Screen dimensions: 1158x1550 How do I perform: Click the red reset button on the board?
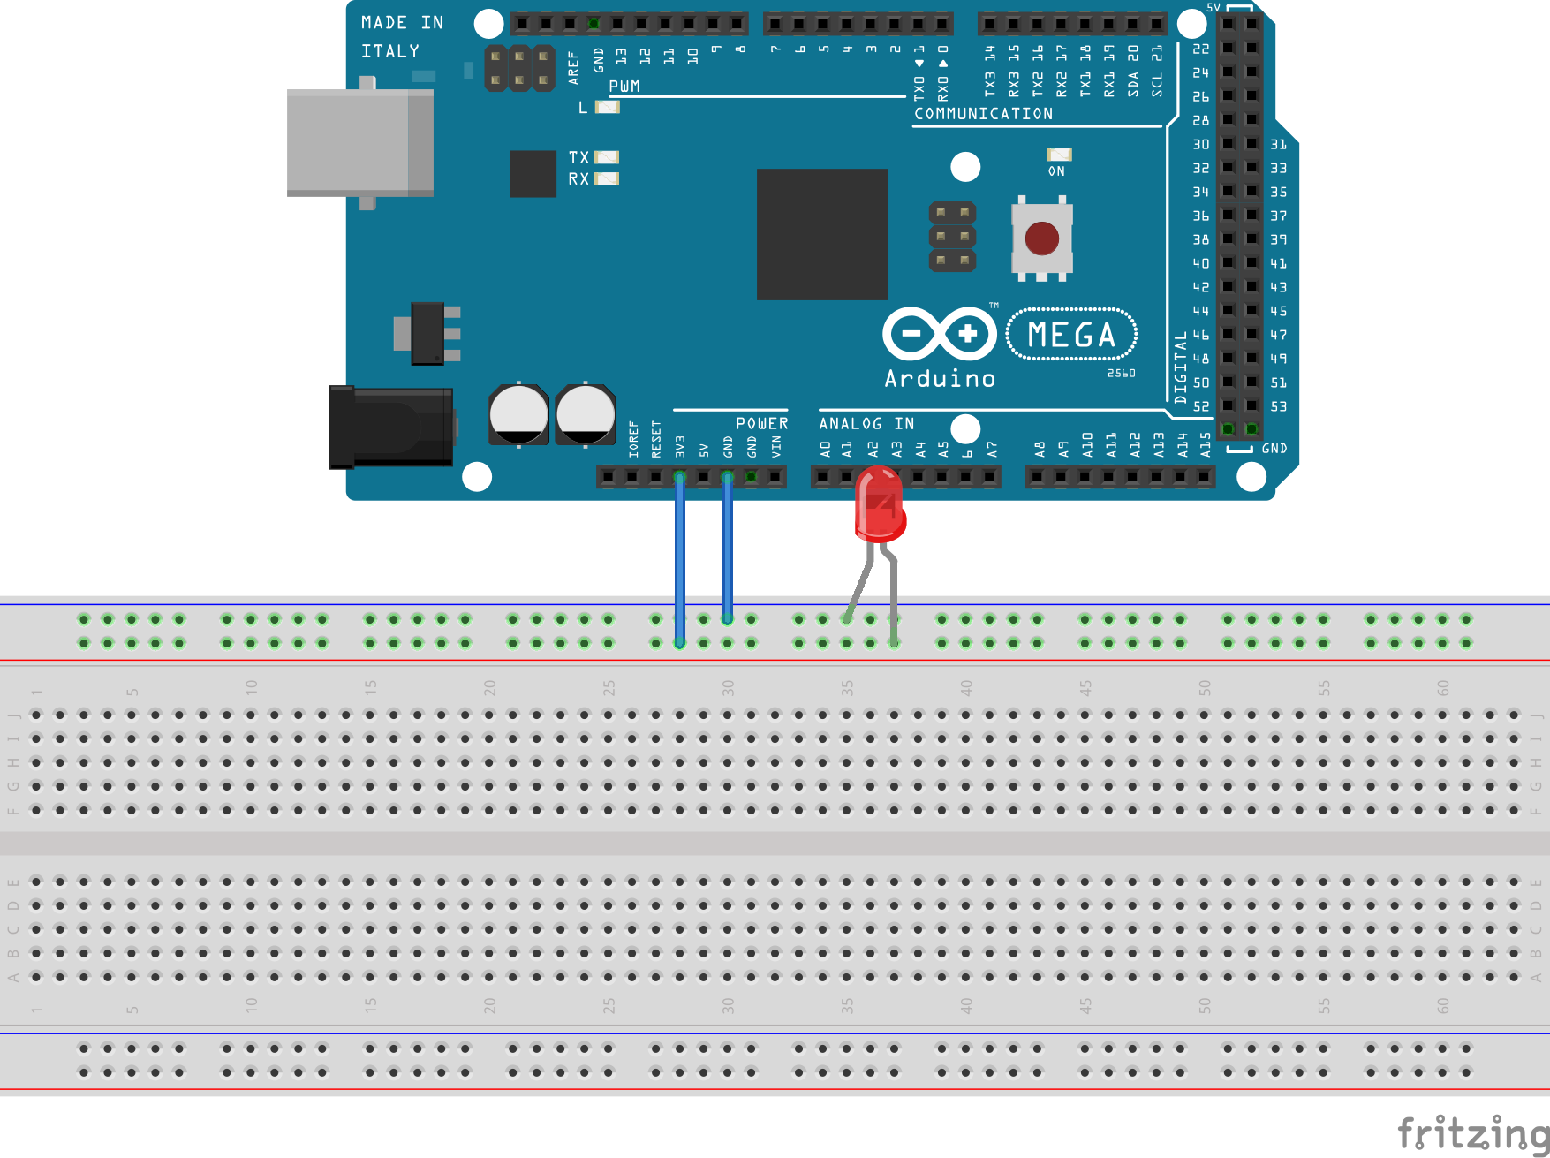[1041, 238]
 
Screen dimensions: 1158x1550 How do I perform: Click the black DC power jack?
[391, 428]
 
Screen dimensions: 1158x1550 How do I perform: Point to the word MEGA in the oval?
[1071, 335]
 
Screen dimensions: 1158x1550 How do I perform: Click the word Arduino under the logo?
[940, 379]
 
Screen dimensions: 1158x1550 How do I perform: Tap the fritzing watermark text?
[1472, 1132]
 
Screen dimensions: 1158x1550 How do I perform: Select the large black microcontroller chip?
[822, 234]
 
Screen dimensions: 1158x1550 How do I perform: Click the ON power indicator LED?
[1059, 155]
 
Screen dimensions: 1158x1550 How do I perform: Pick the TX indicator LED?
[607, 157]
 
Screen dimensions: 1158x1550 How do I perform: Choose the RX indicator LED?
[607, 179]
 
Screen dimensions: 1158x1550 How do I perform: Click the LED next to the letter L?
[608, 108]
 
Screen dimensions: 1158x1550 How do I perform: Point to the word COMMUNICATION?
[983, 114]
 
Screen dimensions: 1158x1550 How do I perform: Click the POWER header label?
[761, 424]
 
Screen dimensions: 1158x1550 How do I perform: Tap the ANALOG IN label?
[866, 424]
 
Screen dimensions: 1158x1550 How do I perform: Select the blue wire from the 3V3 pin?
[680, 556]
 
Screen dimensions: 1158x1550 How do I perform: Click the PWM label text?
[624, 87]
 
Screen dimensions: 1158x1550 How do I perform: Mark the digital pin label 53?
[1278, 406]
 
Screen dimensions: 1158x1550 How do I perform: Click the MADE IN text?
[402, 23]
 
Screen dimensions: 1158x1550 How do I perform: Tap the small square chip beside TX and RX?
[533, 173]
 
